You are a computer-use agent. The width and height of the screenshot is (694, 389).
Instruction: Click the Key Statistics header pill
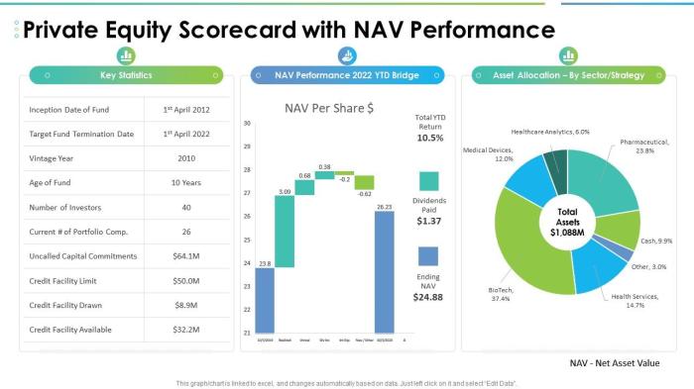click(126, 75)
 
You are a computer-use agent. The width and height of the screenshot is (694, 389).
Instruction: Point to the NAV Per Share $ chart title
click(328, 107)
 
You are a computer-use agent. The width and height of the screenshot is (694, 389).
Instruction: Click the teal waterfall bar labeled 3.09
click(285, 231)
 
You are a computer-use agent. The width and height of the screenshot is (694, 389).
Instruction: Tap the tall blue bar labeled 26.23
click(384, 273)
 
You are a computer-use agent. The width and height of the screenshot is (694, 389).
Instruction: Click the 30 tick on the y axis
click(246, 124)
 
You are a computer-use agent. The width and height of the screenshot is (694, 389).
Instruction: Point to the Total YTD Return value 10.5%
click(429, 138)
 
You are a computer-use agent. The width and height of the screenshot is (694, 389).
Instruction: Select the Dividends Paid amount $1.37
click(429, 221)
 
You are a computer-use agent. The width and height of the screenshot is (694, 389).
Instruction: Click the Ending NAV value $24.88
click(429, 296)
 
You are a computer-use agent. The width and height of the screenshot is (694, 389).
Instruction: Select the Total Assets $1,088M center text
click(567, 223)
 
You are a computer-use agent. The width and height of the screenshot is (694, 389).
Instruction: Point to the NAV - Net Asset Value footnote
click(615, 363)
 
